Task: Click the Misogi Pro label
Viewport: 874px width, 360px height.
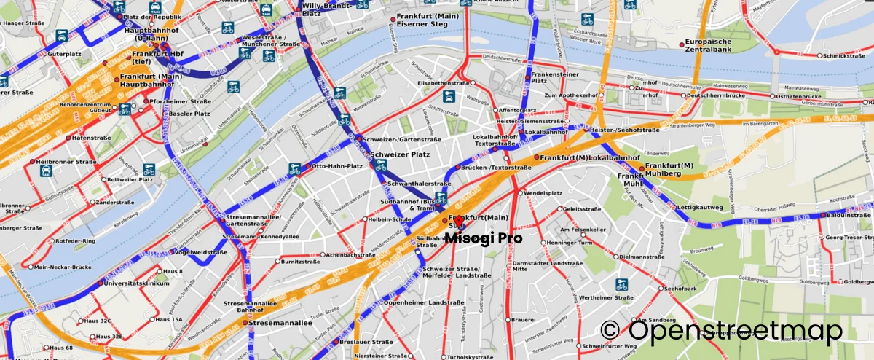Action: (x=483, y=238)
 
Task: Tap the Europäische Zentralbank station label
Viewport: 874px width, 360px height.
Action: (x=714, y=47)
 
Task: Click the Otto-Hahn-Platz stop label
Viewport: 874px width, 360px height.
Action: (x=336, y=166)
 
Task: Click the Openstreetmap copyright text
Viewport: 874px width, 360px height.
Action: (x=722, y=332)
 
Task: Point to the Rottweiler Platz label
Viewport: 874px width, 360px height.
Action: (x=130, y=179)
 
